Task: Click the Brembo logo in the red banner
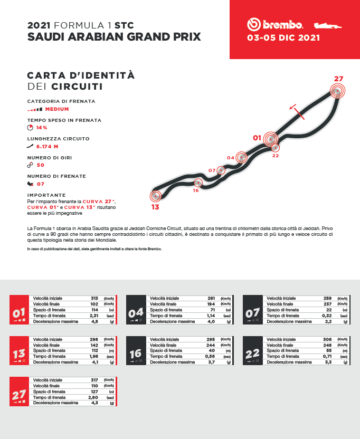click(x=275, y=24)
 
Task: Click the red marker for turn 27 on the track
click(x=337, y=91)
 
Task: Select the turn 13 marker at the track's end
click(x=155, y=196)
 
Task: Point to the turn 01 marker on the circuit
click(x=271, y=139)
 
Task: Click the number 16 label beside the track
click(x=195, y=190)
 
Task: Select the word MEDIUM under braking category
click(x=57, y=109)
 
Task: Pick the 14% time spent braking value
click(x=42, y=128)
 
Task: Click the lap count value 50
click(x=41, y=165)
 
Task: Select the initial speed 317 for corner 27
click(x=94, y=380)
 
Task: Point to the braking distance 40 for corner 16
click(x=212, y=351)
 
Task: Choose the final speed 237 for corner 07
click(x=328, y=304)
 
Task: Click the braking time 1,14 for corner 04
click(x=211, y=316)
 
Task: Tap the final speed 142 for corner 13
click(x=94, y=345)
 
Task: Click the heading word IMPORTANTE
click(x=46, y=195)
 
